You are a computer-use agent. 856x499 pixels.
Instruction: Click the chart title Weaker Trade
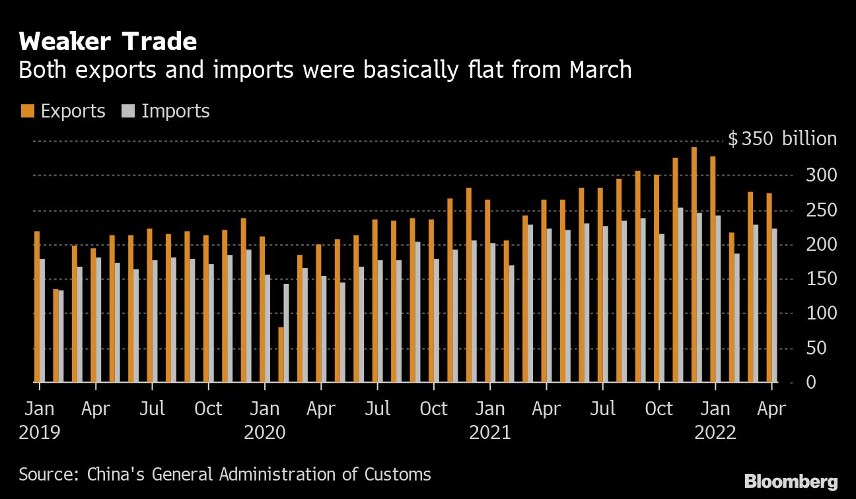[108, 42]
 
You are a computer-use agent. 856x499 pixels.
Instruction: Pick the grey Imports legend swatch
[128, 111]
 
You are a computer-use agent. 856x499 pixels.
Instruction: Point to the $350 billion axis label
[782, 139]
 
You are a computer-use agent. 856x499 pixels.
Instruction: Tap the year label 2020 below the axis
[264, 433]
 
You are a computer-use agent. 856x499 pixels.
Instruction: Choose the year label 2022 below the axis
[715, 433]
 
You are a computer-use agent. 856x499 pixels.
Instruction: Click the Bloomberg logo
[791, 481]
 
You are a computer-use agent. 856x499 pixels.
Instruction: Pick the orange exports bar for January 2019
[36, 307]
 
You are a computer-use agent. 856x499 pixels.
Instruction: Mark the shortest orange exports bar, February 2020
[281, 354]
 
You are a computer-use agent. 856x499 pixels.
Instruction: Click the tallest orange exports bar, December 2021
[694, 265]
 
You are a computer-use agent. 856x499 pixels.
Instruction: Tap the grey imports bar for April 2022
[774, 306]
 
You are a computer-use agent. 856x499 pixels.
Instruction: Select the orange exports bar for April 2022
[769, 288]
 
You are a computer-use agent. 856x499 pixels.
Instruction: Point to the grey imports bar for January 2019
[42, 321]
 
